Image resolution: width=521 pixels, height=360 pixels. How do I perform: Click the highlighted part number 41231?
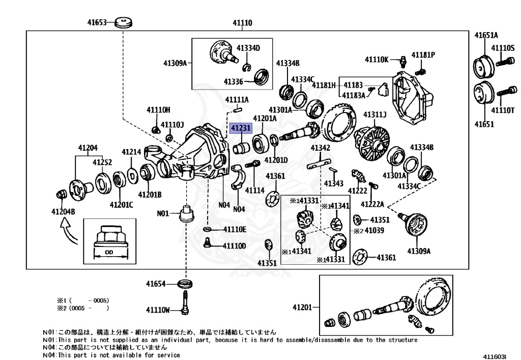pos(241,129)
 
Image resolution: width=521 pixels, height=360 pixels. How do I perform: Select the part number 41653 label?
pos(96,22)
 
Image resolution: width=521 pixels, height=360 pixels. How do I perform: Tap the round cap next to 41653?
pos(123,22)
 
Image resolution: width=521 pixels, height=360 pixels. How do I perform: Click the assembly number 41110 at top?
pos(243,22)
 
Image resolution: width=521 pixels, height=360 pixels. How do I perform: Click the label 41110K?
pos(377,60)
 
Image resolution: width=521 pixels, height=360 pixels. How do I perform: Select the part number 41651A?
pos(486,35)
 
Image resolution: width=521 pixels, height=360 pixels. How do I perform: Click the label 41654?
pos(157,284)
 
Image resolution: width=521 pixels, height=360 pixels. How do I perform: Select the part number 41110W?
pos(158,310)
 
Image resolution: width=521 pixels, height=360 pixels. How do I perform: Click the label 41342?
pos(321,148)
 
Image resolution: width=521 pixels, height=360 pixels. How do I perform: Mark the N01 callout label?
pos(162,214)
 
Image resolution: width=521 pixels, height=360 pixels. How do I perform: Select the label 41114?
pos(255,190)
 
